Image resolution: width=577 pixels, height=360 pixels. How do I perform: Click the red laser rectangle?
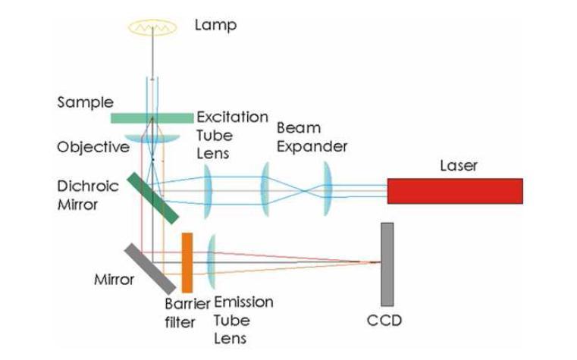[454, 191]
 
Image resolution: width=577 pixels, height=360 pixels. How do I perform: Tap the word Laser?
[459, 166]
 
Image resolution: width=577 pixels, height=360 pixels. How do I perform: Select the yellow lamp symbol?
[152, 28]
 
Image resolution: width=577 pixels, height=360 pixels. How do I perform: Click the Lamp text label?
[215, 25]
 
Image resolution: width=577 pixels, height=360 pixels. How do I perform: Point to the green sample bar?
[152, 118]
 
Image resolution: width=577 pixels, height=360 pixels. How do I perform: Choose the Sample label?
[85, 102]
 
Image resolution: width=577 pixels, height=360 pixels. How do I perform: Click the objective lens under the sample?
[152, 137]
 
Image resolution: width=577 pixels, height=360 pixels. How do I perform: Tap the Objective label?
[93, 147]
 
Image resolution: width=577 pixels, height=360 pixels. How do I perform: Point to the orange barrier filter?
[187, 262]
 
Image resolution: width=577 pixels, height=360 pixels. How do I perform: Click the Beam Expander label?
[312, 137]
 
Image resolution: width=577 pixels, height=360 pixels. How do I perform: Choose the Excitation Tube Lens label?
[232, 135]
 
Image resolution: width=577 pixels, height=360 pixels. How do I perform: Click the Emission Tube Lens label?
[243, 320]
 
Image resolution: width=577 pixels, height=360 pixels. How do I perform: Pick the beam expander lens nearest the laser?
[328, 190]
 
